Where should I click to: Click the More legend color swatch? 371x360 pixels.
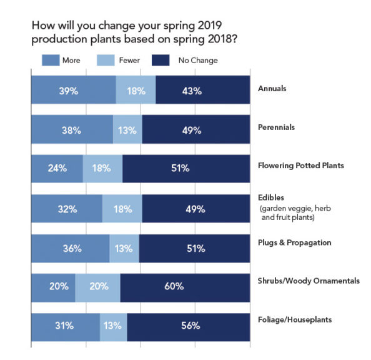pos(49,61)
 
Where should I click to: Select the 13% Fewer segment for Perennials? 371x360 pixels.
pos(127,130)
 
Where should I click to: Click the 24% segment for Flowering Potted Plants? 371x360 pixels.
pos(57,168)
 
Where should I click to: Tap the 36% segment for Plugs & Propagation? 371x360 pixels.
pos(70,248)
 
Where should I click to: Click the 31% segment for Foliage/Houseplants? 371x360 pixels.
pos(65,326)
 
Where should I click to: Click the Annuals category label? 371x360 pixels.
pos(272,89)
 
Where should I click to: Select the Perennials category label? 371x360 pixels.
pos(277,127)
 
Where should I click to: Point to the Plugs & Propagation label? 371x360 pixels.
pos(294,242)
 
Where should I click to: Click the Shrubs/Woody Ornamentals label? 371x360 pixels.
pos(309,281)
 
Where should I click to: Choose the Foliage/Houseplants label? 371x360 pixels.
pos(294,320)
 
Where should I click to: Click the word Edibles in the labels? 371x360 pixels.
pos(270,197)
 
